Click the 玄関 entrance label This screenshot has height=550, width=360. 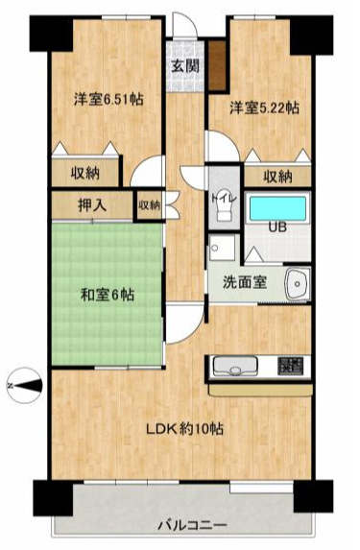185,65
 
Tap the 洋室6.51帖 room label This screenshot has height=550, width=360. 108,99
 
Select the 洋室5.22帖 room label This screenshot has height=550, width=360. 265,108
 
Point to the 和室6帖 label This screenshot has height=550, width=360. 108,295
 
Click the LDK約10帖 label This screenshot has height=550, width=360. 184,428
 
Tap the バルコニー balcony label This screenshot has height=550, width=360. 192,525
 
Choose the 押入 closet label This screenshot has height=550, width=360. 92,205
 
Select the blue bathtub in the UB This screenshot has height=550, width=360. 277,207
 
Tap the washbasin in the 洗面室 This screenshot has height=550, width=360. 298,283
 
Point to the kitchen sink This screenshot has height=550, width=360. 235,366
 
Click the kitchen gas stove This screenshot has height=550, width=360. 290,366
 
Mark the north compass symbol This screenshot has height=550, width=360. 25,386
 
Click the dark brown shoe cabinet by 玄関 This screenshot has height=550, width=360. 217,65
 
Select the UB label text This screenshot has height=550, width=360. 277,227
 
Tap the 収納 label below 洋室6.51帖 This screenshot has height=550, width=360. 85,173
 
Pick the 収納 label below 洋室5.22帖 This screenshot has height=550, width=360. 277,177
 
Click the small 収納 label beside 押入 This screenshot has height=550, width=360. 150,205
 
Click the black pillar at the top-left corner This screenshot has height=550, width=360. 51,34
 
